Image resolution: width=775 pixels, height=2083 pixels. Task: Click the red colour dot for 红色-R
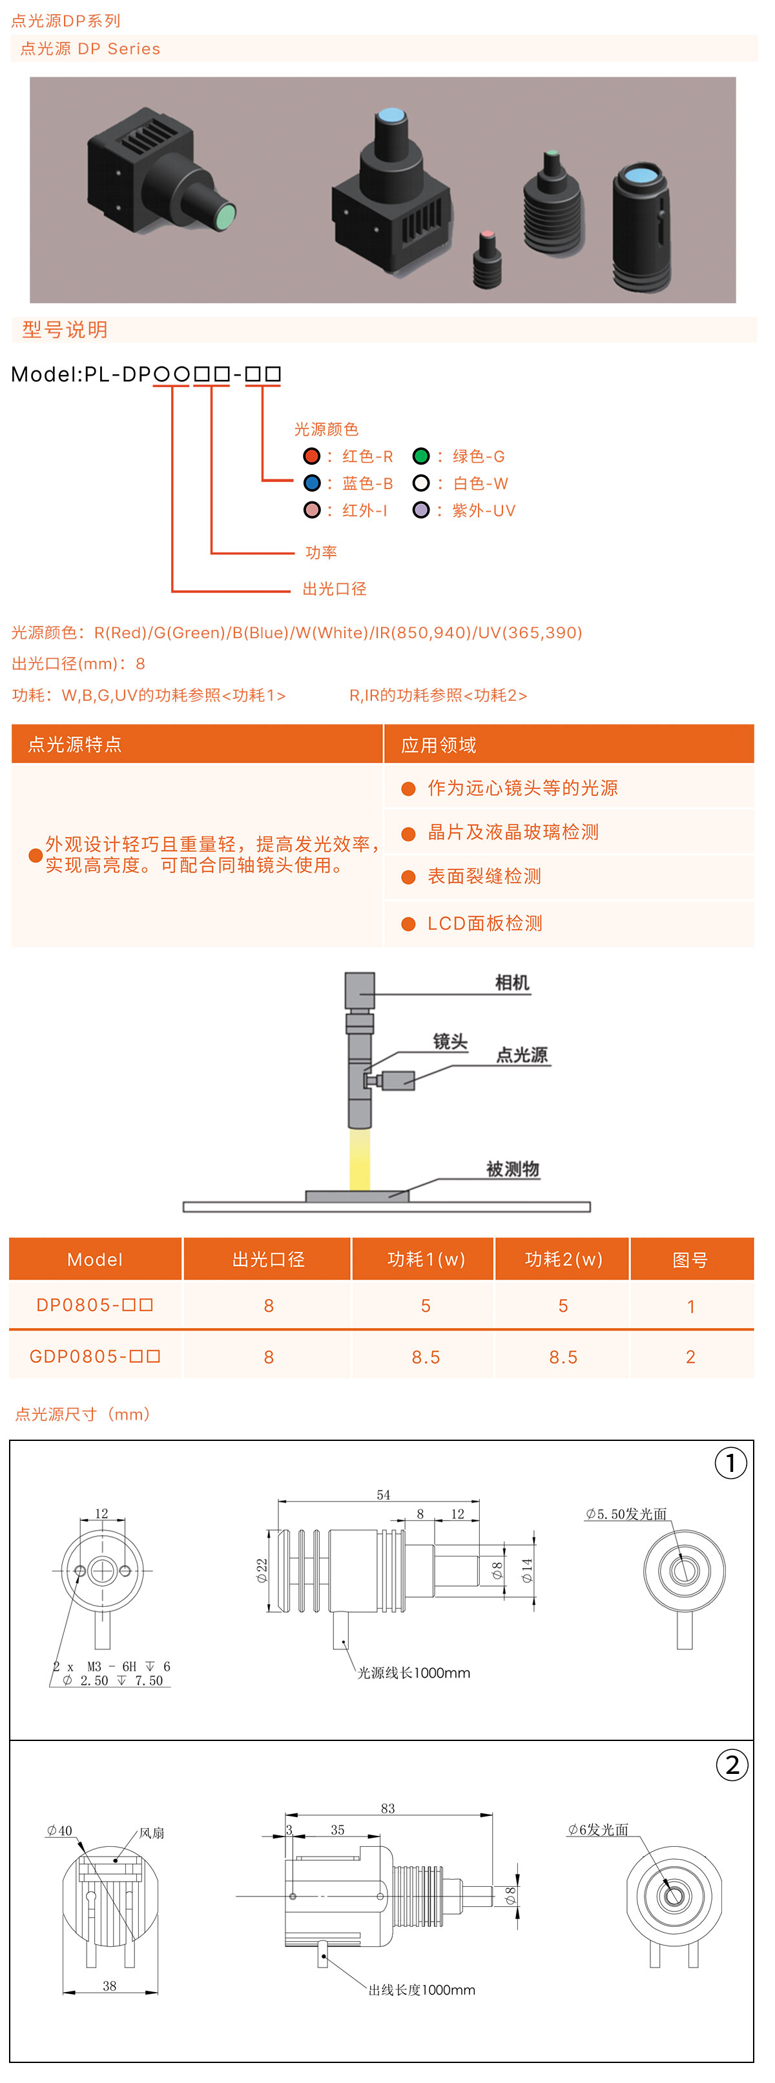(311, 456)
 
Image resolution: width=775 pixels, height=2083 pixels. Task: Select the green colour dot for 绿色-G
(420, 456)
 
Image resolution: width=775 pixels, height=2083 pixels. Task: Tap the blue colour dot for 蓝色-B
(311, 483)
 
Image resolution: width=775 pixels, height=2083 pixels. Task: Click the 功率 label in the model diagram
(321, 552)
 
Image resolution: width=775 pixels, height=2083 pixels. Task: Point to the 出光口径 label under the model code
(334, 589)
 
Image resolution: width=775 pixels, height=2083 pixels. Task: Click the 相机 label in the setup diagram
(512, 983)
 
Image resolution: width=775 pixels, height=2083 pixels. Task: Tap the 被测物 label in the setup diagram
(512, 1169)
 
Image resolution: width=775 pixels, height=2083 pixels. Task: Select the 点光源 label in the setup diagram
(522, 1054)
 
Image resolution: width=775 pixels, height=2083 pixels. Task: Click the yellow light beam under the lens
(359, 1158)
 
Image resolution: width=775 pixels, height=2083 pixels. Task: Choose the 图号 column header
(690, 1260)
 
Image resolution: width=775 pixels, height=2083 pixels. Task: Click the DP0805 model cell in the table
(95, 1305)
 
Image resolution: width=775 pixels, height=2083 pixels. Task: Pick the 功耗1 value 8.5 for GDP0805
(426, 1357)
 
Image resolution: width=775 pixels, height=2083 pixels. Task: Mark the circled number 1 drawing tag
(730, 1463)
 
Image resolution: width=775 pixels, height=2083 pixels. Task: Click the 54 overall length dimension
(384, 1495)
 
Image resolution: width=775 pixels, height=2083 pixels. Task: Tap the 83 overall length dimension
(388, 1808)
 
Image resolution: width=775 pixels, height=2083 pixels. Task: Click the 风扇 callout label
(152, 1833)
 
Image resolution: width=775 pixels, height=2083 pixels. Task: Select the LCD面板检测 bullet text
(484, 923)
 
